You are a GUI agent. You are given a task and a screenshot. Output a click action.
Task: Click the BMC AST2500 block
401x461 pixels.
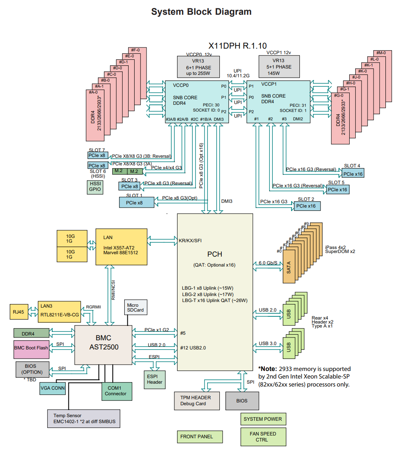pyautogui.click(x=104, y=344)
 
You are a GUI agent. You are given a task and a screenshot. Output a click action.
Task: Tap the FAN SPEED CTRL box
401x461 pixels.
pyautogui.click(x=263, y=437)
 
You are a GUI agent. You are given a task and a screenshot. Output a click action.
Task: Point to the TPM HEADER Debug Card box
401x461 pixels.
pyautogui.click(x=197, y=400)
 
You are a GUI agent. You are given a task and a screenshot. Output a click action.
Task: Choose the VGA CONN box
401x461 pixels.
pyautogui.click(x=53, y=388)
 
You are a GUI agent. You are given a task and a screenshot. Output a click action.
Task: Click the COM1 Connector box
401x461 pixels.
pyautogui.click(x=115, y=391)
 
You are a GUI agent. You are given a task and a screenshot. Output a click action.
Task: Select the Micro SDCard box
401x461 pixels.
pyautogui.click(x=135, y=307)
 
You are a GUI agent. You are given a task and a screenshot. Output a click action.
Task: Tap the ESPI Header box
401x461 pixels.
pyautogui.click(x=155, y=379)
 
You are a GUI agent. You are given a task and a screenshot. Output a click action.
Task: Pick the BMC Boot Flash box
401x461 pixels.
pyautogui.click(x=31, y=348)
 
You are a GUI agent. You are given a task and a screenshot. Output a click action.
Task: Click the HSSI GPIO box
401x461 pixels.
pyautogui.click(x=95, y=187)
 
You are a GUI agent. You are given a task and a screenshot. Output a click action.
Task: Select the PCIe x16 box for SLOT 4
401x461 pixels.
pyautogui.click(x=353, y=174)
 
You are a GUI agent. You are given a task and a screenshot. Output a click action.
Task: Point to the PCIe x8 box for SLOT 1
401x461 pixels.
pyautogui.click(x=137, y=202)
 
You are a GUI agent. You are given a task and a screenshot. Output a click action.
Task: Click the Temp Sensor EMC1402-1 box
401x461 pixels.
pyautogui.click(x=84, y=419)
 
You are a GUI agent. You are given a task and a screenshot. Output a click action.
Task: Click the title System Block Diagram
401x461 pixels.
pyautogui.click(x=201, y=12)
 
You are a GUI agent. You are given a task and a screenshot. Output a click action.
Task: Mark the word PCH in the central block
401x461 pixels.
pyautogui.click(x=215, y=254)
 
